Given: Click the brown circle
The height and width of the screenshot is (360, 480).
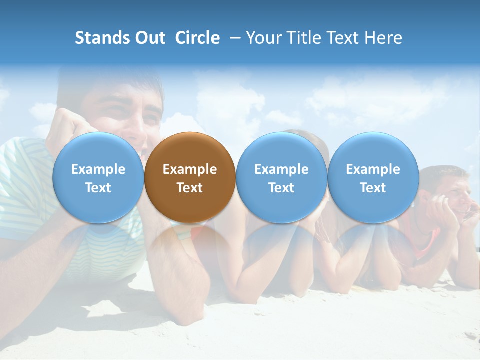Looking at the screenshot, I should pos(190,177).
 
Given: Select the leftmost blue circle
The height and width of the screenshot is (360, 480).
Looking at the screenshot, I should pos(98,177).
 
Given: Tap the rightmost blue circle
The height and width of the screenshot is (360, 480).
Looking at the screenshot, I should pos(373,177).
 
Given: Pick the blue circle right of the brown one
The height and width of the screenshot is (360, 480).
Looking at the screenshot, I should pos(281,177).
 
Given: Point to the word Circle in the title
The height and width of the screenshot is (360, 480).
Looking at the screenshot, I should pos(197,38).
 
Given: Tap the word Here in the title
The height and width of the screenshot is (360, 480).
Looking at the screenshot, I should pos(384,38).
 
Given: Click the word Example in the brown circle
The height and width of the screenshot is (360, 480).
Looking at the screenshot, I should pos(190,169).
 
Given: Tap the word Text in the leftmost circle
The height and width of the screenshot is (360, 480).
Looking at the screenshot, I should pos(98,188).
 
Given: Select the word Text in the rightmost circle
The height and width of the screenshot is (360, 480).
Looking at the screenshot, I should pos(373,188).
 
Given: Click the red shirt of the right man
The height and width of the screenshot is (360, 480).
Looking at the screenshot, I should pos(425,240).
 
